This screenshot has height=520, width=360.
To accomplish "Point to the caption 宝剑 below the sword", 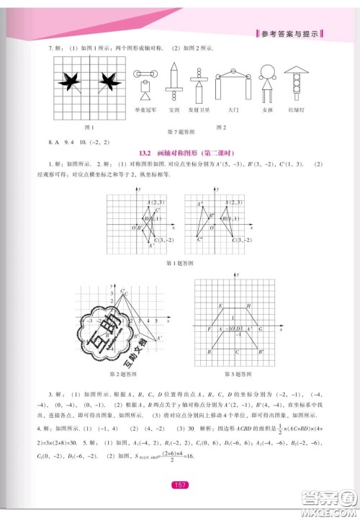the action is click(174, 109).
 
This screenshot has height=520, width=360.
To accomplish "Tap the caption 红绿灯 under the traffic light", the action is click(296, 109).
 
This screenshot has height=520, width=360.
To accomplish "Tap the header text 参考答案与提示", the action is click(287, 34).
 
